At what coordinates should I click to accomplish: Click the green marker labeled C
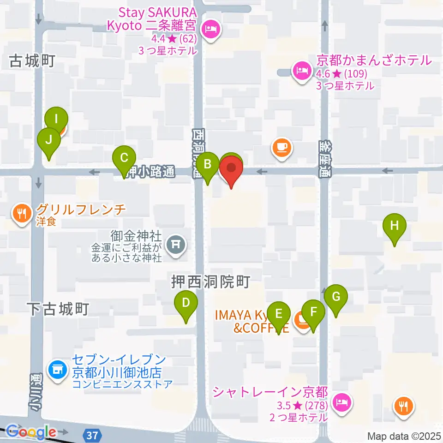[124, 158]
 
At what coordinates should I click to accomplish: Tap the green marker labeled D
[186, 304]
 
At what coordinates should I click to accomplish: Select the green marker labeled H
[394, 226]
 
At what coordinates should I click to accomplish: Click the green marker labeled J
[48, 138]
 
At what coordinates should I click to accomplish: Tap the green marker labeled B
[208, 164]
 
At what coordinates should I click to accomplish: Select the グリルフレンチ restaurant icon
[22, 213]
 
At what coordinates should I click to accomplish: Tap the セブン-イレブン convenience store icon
[58, 370]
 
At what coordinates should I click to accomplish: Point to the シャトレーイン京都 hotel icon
[341, 402]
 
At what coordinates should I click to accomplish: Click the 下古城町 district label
[57, 309]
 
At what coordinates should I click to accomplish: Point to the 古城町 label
[32, 61]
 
